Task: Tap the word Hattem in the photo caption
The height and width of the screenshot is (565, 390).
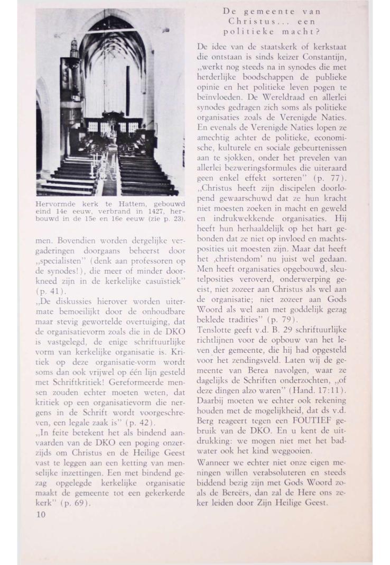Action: [125, 205]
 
